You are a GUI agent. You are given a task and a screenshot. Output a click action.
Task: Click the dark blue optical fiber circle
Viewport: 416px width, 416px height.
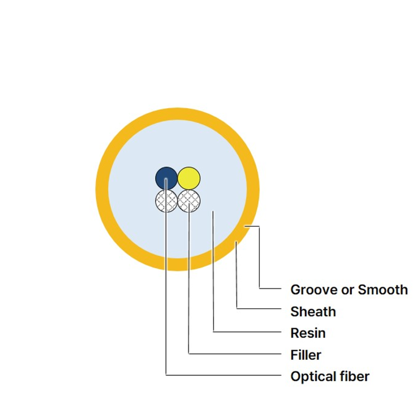click(x=166, y=178)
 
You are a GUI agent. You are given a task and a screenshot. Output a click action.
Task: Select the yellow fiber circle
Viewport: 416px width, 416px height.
click(x=189, y=178)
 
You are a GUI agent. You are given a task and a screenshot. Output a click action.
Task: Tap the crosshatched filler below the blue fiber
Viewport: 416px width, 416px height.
click(x=166, y=201)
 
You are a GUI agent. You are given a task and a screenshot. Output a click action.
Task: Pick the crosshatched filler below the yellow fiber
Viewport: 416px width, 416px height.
click(x=189, y=201)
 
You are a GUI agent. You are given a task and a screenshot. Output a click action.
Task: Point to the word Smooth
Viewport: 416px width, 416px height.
click(x=383, y=290)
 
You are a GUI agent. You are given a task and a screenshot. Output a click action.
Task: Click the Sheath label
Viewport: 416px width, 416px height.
click(x=313, y=312)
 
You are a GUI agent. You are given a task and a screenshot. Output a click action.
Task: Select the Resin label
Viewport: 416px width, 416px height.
click(x=308, y=333)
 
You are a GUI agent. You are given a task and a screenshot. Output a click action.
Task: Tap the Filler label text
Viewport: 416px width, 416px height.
click(x=306, y=355)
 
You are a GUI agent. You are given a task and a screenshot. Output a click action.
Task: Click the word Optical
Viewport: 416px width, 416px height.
click(x=310, y=377)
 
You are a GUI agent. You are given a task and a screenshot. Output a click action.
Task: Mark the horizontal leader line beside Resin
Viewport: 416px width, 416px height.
click(x=247, y=332)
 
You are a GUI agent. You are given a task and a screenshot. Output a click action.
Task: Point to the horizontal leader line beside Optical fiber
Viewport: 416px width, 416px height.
click(x=223, y=375)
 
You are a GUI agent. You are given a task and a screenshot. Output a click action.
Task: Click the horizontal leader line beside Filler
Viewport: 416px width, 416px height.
click(x=235, y=353)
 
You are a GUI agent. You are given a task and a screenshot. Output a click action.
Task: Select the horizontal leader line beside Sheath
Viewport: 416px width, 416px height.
click(x=259, y=309)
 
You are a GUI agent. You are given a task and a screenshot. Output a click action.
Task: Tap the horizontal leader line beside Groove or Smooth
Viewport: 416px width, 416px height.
click(x=270, y=289)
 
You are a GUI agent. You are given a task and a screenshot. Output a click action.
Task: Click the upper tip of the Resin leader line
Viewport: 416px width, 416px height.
click(x=213, y=211)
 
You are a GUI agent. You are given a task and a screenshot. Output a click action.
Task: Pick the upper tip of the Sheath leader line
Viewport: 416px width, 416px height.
click(x=236, y=242)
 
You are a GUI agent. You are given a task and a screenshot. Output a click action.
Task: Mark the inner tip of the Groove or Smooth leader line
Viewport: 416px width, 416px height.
click(x=245, y=226)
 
